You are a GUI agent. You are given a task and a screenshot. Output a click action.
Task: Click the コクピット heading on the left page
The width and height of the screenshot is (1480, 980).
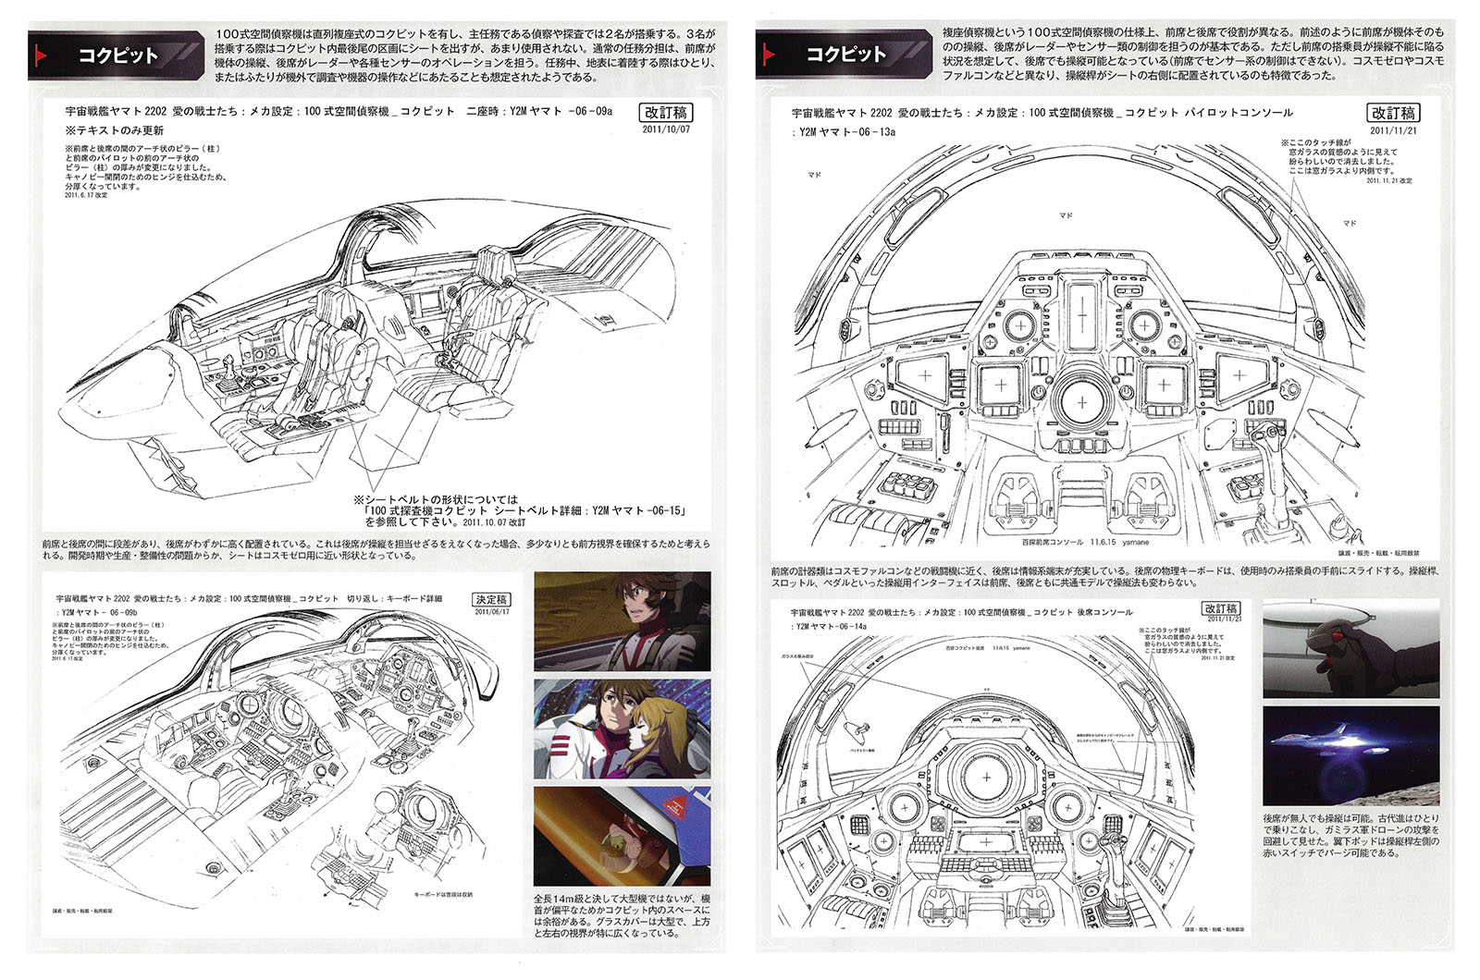(x=117, y=55)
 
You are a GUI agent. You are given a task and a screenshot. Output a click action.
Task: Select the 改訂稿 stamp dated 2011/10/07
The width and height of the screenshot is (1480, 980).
(x=665, y=112)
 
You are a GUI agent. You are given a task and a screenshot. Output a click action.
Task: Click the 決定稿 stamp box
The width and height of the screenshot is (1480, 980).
(x=491, y=599)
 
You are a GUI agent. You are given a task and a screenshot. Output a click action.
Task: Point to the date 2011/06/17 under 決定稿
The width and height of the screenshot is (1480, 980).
(x=491, y=611)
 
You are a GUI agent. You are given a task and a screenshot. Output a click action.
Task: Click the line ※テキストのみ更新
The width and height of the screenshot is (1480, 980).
(x=114, y=130)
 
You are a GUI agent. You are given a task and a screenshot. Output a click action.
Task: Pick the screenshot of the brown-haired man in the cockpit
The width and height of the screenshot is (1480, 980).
(x=622, y=620)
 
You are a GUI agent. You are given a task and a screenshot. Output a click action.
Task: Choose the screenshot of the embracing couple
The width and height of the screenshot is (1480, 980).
(x=622, y=729)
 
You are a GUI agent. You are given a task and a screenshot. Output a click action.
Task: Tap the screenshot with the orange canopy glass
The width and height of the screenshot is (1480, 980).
(x=622, y=836)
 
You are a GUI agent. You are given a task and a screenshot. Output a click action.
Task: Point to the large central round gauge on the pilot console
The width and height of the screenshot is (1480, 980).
(x=1081, y=402)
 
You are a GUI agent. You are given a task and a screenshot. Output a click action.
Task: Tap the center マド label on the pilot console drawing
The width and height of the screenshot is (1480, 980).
(x=1066, y=214)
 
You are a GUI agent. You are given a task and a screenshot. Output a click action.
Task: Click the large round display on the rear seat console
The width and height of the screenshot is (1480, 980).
(x=986, y=778)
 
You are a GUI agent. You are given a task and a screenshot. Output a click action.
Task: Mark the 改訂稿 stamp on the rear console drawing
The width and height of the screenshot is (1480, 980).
(x=1220, y=608)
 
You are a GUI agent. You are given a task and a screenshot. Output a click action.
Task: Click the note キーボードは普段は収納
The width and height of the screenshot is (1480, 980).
(x=442, y=894)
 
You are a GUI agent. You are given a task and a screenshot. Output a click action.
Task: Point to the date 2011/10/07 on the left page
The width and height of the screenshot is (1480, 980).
(x=665, y=129)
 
